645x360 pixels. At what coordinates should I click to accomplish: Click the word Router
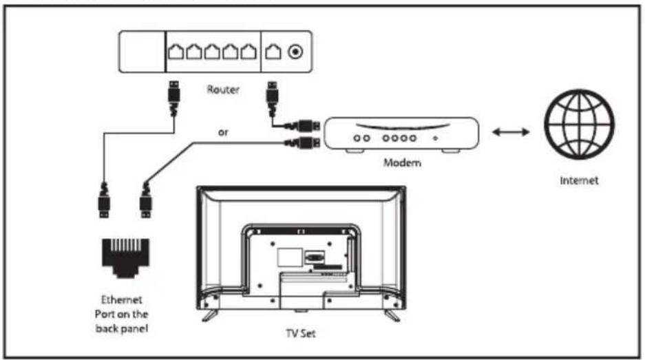coord(223,89)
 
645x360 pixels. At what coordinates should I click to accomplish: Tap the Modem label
coord(402,162)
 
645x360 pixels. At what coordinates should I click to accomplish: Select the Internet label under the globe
coord(579,180)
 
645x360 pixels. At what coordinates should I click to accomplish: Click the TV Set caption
coord(301,333)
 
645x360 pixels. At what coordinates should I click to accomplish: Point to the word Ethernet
coord(121,299)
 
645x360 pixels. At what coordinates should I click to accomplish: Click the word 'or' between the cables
coord(223,133)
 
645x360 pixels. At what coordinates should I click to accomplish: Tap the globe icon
coord(579,125)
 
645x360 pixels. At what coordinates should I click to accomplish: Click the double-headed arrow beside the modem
coord(511,132)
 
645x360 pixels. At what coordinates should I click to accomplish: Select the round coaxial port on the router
coord(295,52)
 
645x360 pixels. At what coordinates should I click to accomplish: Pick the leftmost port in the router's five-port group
coord(176,52)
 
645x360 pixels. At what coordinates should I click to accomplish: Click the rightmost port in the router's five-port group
coord(249,52)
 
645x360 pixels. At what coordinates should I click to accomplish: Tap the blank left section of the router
coord(142,52)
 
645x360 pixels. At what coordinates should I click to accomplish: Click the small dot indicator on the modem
coord(435,138)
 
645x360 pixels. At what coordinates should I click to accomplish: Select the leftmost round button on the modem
coord(357,138)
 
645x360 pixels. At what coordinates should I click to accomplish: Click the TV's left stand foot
coord(210,315)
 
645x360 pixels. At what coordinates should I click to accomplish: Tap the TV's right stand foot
coord(392,315)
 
